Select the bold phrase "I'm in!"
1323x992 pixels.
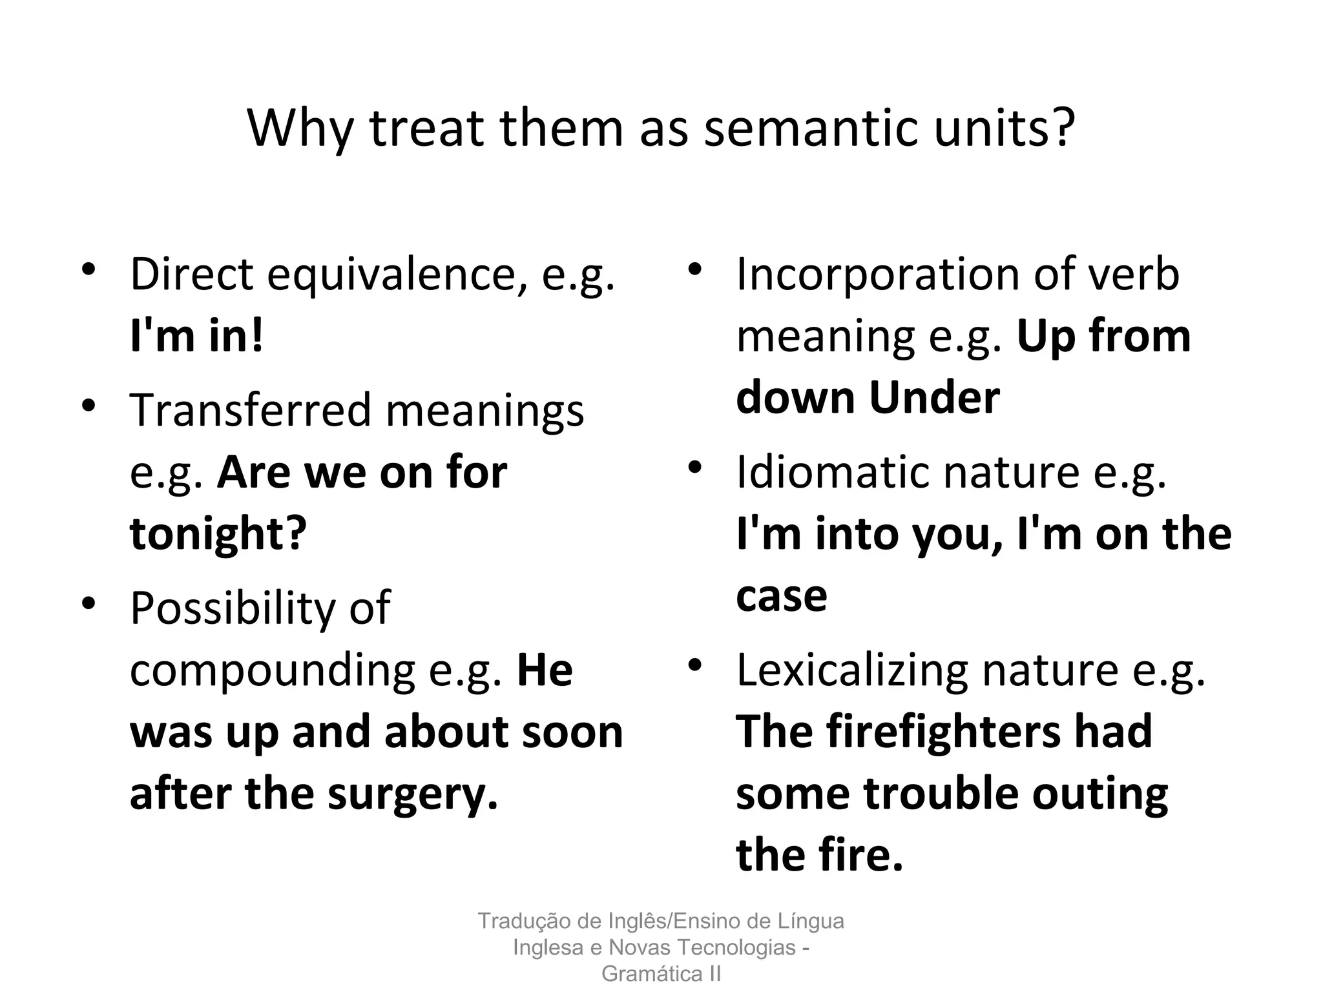click(197, 336)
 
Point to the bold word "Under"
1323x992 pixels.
click(934, 398)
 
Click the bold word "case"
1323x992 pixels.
click(782, 597)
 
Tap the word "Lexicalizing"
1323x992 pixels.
click(851, 672)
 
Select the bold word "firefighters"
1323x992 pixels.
click(943, 733)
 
